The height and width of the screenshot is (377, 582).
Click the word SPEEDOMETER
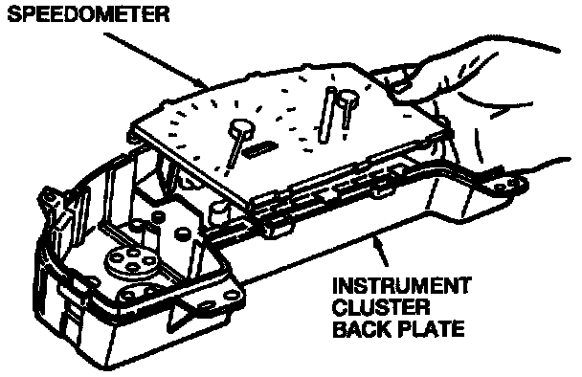(x=88, y=14)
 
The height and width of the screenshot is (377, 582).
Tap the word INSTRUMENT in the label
(x=401, y=286)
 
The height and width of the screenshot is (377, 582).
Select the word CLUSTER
(x=381, y=307)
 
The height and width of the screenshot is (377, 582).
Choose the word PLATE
(x=434, y=329)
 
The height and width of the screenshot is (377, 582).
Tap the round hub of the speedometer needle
(x=242, y=127)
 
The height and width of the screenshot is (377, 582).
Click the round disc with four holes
(x=132, y=259)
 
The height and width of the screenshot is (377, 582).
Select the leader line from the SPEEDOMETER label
(x=155, y=62)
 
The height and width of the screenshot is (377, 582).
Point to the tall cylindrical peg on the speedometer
(x=327, y=115)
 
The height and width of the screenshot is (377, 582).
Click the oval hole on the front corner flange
(x=232, y=296)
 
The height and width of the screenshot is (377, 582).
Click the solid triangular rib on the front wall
(x=183, y=315)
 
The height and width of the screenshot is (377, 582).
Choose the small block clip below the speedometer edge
(x=276, y=227)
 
